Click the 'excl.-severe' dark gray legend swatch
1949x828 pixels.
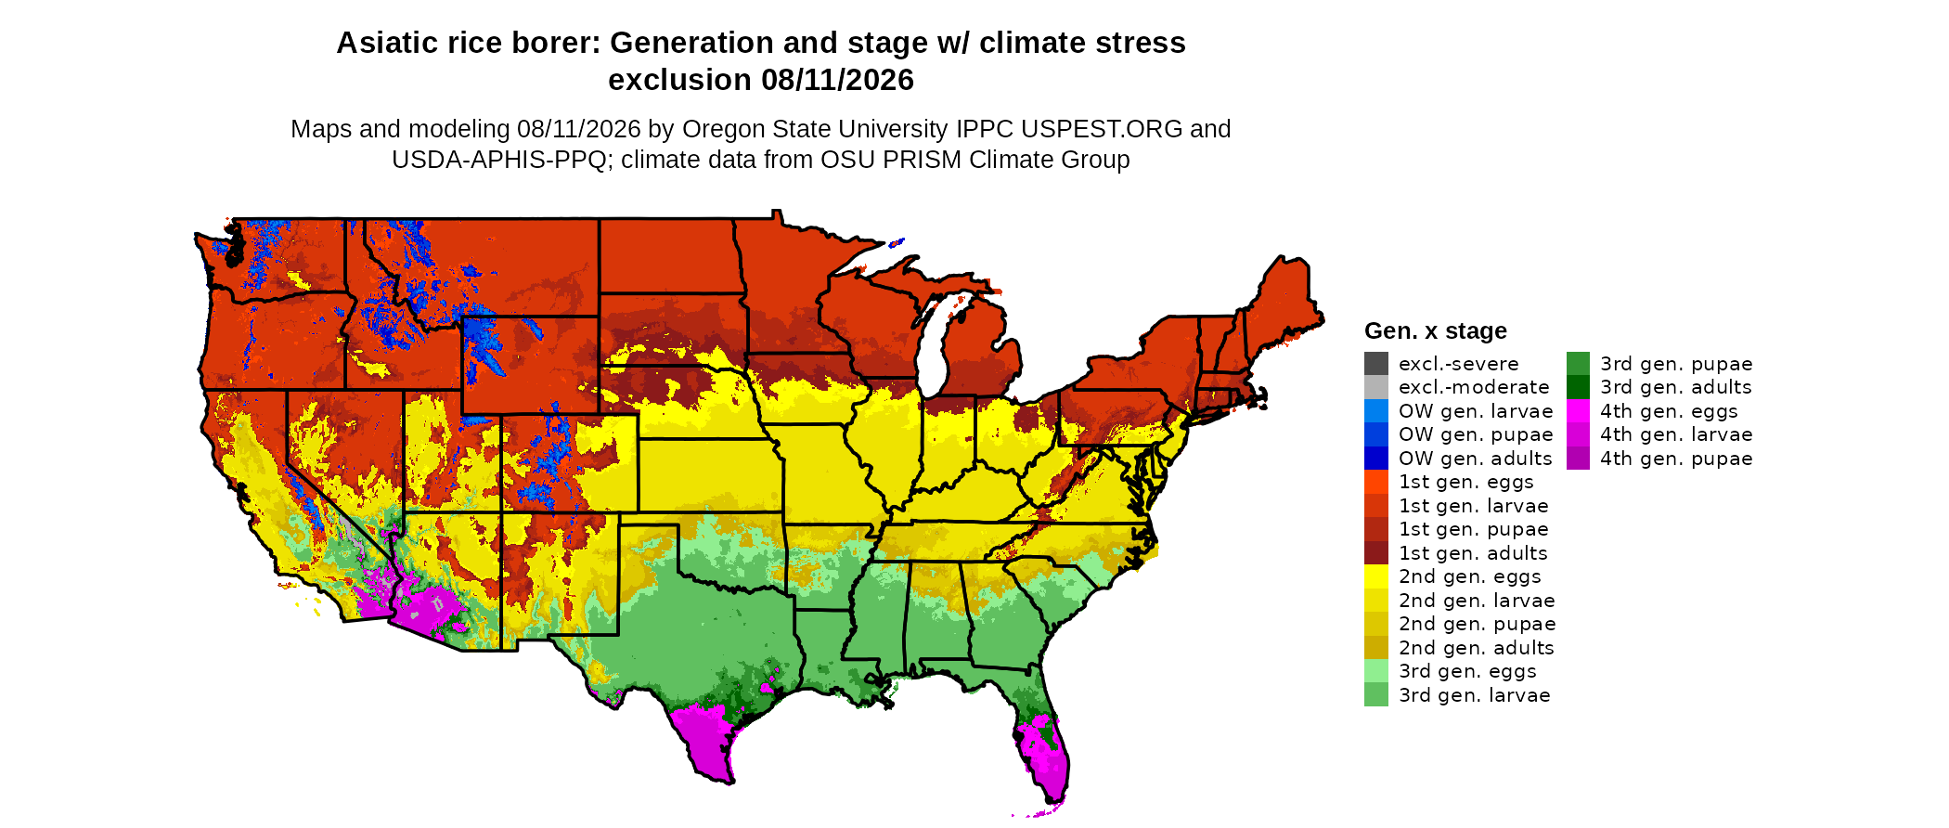coord(1376,364)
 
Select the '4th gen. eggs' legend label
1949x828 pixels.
coord(1669,411)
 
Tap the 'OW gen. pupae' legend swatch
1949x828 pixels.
coord(1376,434)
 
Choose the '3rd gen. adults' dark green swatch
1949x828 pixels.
coord(1578,387)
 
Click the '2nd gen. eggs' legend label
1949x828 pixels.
coord(1470,576)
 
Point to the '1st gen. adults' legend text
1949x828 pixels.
coord(1473,553)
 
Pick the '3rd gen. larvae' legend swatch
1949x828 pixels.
coord(1376,694)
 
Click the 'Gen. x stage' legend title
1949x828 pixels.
coord(1436,331)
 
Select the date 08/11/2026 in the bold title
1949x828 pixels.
coord(837,81)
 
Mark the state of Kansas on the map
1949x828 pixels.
coord(710,474)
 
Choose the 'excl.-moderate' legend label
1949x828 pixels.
coord(1474,387)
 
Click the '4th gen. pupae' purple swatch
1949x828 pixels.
coord(1578,459)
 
